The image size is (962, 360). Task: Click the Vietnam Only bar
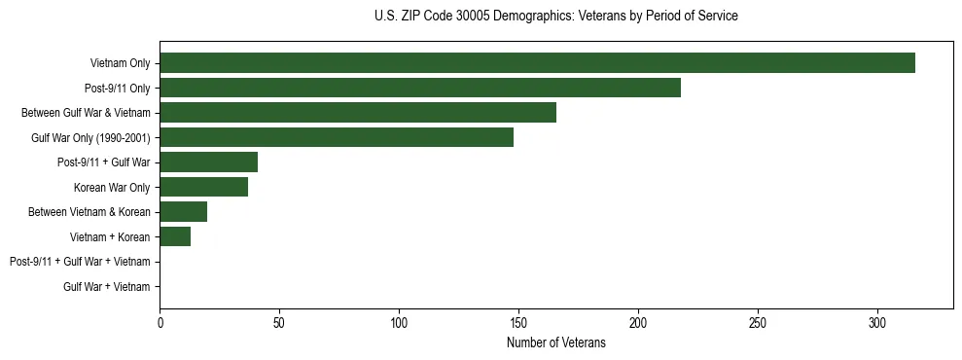coord(537,63)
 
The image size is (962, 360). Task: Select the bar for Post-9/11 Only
coord(420,88)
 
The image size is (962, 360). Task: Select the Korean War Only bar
coord(203,187)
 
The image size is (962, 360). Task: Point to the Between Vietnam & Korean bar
coord(183,212)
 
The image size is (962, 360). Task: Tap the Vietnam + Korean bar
coord(175,236)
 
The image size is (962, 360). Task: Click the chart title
coord(555,17)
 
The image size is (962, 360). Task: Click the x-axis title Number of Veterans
coord(555,343)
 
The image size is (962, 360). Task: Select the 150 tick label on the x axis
coord(518,322)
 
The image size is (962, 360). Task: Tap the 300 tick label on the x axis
coord(877,322)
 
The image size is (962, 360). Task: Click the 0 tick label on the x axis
coord(160,322)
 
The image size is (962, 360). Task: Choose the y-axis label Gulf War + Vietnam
coord(107,287)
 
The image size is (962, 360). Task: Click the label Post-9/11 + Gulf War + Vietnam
coord(80,262)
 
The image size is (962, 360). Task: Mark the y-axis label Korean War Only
coord(112,188)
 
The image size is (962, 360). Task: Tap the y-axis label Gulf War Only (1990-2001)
coord(90,138)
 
